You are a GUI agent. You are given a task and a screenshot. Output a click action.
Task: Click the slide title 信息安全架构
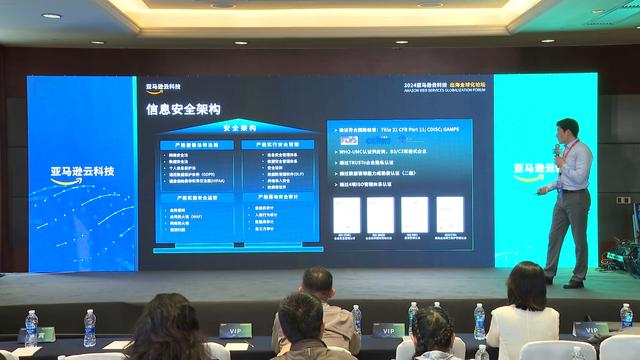coord(183,109)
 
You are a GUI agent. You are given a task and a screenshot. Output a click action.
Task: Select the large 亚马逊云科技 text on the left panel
coord(83,171)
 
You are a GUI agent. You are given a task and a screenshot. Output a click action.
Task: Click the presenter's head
coord(566,130)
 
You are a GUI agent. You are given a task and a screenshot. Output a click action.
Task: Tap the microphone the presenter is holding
coord(558,151)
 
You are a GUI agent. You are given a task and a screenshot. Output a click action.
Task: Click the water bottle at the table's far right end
coord(626,316)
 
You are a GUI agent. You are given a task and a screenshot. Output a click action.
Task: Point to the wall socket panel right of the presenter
coord(623,199)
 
